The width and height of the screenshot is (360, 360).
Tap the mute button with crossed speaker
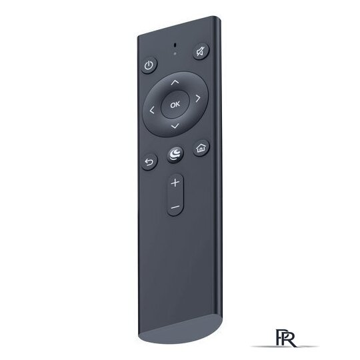(201, 51)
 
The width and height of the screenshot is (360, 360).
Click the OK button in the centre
(175, 105)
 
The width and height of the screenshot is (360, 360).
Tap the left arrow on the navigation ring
(152, 110)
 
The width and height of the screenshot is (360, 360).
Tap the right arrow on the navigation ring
(198, 98)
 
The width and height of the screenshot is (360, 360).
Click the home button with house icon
(201, 148)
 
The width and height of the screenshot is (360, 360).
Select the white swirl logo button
(175, 154)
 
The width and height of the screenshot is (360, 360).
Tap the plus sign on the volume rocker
(175, 183)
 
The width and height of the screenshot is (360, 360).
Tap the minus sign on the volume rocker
(175, 207)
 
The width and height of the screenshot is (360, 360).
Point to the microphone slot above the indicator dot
(175, 45)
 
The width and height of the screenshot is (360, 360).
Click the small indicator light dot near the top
(175, 54)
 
